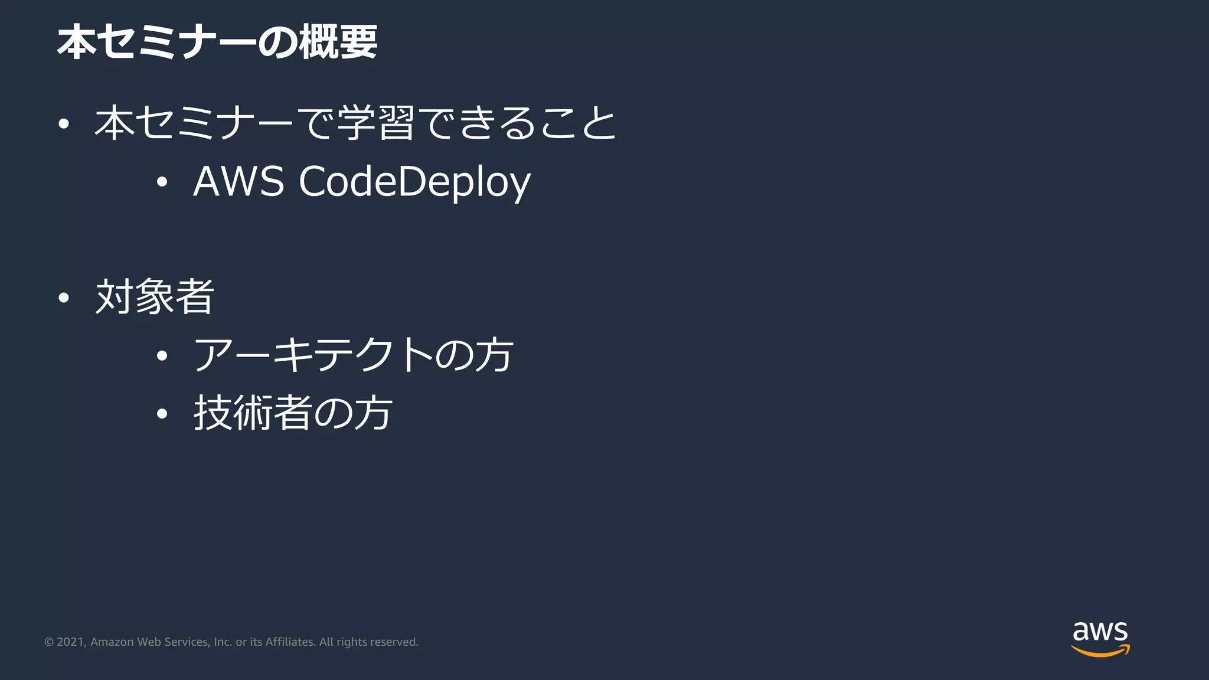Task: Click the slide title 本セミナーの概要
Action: (x=217, y=42)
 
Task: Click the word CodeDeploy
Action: (x=414, y=182)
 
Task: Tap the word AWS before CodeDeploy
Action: (x=238, y=181)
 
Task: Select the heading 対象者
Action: (x=155, y=297)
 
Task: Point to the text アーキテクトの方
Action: (x=353, y=355)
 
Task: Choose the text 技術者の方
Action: (x=293, y=413)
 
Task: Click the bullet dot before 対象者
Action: (x=64, y=298)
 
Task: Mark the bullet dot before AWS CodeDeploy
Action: (x=162, y=182)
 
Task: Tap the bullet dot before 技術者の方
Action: (x=162, y=414)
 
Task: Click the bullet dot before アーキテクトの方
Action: (x=162, y=356)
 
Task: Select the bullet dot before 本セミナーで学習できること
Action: (x=64, y=124)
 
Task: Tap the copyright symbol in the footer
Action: (x=49, y=642)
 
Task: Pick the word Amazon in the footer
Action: (x=112, y=642)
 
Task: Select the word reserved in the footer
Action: (x=394, y=642)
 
